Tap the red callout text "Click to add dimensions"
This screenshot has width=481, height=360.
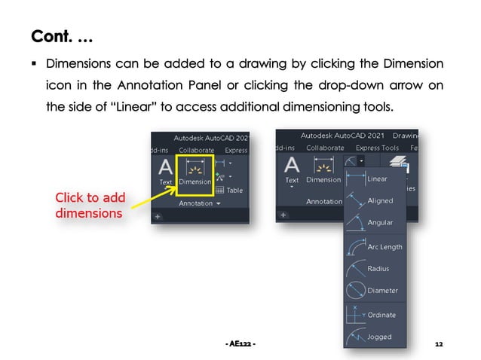90,205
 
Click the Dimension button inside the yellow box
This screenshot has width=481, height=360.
195,172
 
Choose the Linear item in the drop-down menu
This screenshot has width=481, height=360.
375,179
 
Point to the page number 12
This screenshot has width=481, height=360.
439,344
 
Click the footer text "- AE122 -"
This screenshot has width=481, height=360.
240,344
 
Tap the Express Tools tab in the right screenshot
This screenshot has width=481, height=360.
377,148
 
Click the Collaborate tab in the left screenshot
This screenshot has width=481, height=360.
190,151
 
